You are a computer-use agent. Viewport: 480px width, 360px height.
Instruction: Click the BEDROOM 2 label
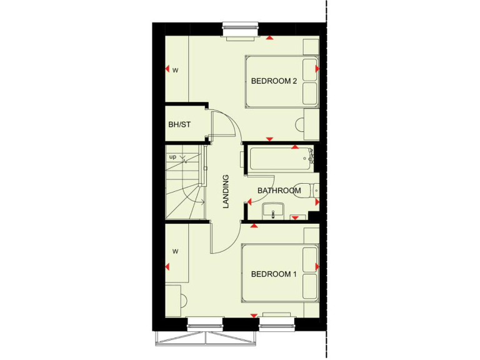coord(273,81)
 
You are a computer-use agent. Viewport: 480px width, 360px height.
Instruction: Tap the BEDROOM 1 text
coord(273,274)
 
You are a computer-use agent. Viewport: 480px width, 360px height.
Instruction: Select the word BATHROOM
coord(279,191)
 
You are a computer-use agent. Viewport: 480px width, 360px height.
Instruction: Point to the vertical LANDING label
coord(226,191)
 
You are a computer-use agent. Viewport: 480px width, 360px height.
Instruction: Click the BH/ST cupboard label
coord(179,124)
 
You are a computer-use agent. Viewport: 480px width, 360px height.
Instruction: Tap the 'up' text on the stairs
coord(172,157)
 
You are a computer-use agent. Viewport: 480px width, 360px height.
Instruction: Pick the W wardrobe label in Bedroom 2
coord(176,70)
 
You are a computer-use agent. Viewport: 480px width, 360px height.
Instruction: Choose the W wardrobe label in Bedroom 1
coord(176,252)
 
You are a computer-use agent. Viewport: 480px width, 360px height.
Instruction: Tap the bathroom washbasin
coord(273,212)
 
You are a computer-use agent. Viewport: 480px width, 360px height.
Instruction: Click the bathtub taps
coord(309,156)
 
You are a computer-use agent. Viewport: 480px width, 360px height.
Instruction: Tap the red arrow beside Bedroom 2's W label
coord(167,69)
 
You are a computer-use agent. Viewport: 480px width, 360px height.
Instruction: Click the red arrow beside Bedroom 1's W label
coord(167,267)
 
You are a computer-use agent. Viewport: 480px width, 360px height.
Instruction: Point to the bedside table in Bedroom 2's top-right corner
coord(311,47)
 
